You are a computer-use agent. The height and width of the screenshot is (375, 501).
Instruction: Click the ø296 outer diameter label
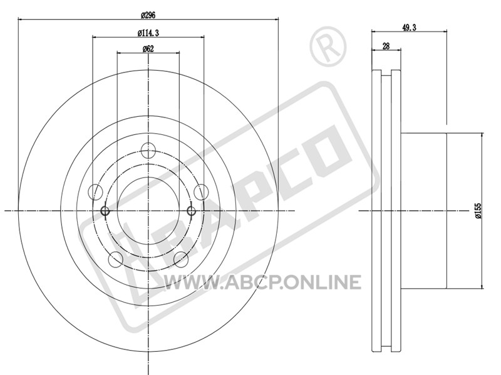pos(148,15)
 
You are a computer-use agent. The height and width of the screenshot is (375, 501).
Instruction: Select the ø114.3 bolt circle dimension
pos(148,32)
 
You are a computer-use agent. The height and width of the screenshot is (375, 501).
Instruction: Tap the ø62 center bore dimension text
pos(148,49)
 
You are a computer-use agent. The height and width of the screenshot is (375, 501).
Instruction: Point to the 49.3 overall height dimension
pos(409,27)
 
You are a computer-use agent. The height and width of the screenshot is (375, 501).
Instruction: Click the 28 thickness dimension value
pos(386,46)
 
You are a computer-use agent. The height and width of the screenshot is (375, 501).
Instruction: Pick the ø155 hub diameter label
pos(478,211)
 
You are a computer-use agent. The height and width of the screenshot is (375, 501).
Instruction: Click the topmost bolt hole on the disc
pos(148,151)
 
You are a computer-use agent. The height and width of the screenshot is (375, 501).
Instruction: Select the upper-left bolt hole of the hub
pos(95,192)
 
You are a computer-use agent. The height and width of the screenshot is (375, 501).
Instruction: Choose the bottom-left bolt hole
pos(116,259)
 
